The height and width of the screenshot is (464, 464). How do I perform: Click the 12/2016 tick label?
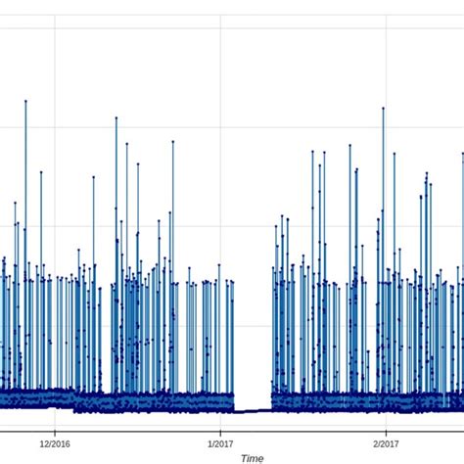pyautogui.click(x=55, y=442)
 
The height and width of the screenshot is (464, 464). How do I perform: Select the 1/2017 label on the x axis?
pyautogui.click(x=220, y=442)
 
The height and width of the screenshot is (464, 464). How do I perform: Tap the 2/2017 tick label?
pyautogui.click(x=386, y=442)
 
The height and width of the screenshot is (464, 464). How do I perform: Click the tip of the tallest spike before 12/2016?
pyautogui.click(x=25, y=101)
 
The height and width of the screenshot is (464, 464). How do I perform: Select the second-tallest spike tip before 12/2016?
pyautogui.click(x=41, y=172)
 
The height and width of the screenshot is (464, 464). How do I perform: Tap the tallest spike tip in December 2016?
pyautogui.click(x=116, y=118)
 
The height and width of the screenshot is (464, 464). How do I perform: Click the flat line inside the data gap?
pyautogui.click(x=252, y=411)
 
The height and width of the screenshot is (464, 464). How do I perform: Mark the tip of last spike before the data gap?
pyautogui.click(x=233, y=282)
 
